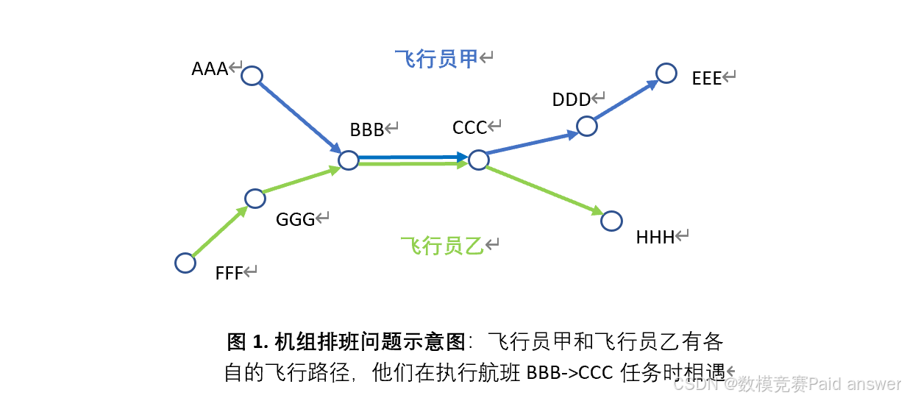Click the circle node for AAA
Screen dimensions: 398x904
coord(252,76)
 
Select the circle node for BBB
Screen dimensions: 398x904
coord(348,160)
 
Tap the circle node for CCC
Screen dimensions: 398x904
coord(478,160)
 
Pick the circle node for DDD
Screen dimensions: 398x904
coord(586,126)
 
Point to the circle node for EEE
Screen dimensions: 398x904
coord(666,73)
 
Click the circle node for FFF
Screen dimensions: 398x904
coord(185,263)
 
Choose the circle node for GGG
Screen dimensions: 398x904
coord(255,199)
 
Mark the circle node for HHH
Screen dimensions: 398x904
coord(611,220)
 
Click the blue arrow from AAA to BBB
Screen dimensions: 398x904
coord(298,116)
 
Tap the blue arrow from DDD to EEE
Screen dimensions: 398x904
coord(625,100)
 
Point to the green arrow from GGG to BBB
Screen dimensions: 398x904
coord(300,180)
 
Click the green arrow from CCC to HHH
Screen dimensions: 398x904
coord(544,190)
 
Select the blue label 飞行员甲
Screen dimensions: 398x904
coord(436,59)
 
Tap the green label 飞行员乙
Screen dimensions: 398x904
coord(442,246)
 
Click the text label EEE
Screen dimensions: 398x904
coord(707,79)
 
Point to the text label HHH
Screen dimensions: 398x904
coord(655,237)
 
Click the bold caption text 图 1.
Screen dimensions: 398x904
coord(249,342)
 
